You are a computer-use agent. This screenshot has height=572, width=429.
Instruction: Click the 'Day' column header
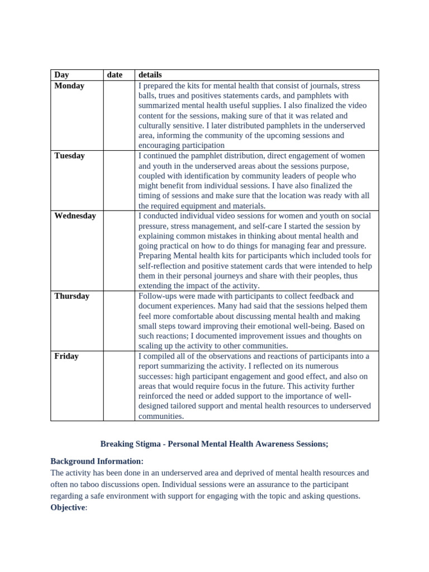(61, 75)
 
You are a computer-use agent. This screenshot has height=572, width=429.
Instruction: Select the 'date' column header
(115, 75)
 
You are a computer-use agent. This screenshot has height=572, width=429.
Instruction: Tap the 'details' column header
(150, 75)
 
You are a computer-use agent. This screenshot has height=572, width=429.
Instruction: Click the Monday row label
(69, 86)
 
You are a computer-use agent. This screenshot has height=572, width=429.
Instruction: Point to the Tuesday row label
(69, 156)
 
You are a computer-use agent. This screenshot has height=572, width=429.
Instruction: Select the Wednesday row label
(75, 216)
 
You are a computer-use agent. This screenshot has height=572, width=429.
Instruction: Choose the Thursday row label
(71, 296)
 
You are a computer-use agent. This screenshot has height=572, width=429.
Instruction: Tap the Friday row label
(66, 356)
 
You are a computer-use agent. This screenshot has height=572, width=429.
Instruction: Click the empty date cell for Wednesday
(118, 250)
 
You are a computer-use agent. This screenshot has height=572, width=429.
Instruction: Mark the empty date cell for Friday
(118, 385)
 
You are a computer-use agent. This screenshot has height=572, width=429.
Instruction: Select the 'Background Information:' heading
(97, 461)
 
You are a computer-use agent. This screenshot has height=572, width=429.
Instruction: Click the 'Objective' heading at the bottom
(68, 507)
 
